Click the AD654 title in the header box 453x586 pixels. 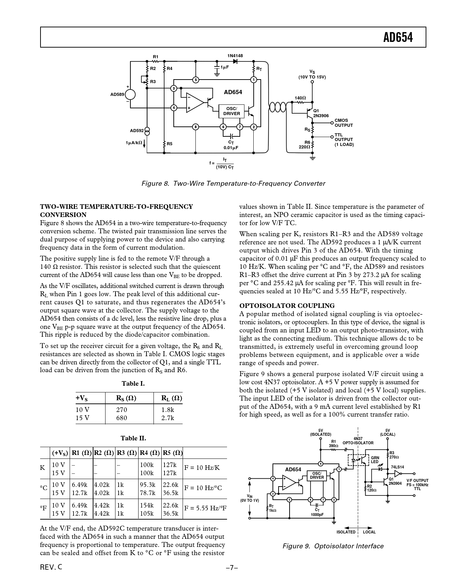click(x=398, y=37)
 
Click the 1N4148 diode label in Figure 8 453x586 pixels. click(x=235, y=56)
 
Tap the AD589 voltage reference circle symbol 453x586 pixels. click(x=130, y=94)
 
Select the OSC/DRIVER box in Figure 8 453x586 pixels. click(x=231, y=111)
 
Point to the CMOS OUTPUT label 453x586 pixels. click(x=344, y=123)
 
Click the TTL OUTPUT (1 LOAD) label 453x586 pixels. click(x=344, y=140)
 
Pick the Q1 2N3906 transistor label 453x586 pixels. click(x=320, y=113)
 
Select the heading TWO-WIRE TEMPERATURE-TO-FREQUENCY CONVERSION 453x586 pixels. click(x=116, y=211)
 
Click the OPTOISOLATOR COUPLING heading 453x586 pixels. click(x=287, y=305)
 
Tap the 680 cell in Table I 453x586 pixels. click(x=122, y=418)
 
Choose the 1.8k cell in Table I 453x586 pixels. click(x=168, y=409)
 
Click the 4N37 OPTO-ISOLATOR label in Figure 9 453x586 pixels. click(x=358, y=441)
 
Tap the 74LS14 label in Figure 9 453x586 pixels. click(x=397, y=467)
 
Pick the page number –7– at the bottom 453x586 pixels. click(x=231, y=568)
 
